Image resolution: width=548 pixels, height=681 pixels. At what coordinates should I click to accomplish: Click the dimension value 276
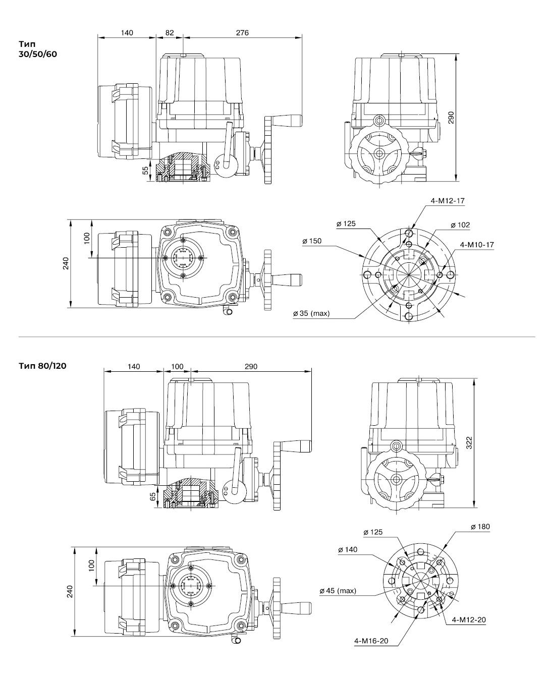point(242,33)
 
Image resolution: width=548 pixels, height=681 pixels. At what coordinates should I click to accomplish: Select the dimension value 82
point(170,33)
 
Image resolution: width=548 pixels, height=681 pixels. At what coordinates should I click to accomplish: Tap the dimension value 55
point(146,170)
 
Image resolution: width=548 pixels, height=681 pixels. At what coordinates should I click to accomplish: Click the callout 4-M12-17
point(448,201)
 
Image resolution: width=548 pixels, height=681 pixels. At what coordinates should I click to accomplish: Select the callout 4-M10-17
point(477,245)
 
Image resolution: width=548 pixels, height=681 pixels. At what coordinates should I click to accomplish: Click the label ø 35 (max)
point(311,313)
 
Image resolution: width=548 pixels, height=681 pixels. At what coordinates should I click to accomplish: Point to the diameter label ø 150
point(312,241)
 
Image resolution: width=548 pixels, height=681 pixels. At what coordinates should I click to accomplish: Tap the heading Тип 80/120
point(42,365)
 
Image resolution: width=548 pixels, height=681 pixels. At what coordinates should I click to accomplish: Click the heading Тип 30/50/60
point(38,49)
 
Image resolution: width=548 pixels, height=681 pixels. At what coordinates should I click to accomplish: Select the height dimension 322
point(469,443)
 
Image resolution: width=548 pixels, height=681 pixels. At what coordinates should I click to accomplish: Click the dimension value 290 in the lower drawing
point(251,367)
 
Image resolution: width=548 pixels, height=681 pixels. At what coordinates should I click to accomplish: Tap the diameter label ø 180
point(480,527)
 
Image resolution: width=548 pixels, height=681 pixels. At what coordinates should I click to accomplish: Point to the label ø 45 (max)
point(338,591)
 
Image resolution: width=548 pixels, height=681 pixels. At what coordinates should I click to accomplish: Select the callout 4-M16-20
point(371,641)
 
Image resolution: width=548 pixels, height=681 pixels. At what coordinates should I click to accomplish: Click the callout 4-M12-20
point(469,619)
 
